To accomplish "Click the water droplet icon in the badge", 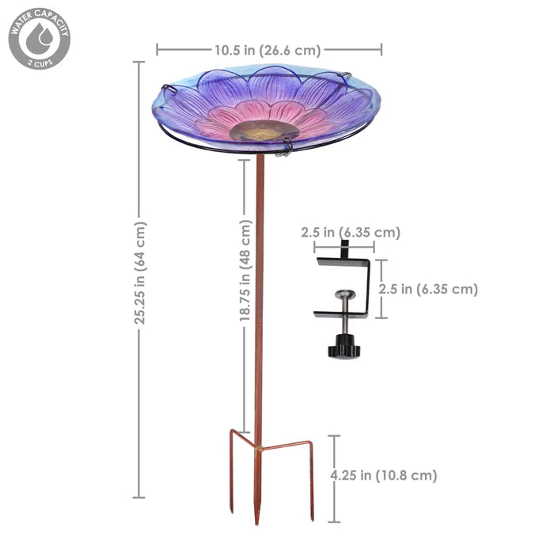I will tap(39, 36).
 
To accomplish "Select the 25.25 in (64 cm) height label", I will tap(140, 273).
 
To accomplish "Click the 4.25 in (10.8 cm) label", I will tap(383, 476).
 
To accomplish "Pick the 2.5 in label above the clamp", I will tap(350, 233).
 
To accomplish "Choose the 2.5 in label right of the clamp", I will tap(428, 289).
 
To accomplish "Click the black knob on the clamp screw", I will tap(344, 347).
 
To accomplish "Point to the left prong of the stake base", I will tap(232, 475).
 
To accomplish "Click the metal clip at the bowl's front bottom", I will tap(286, 146).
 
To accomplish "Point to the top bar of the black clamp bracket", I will tap(342, 262).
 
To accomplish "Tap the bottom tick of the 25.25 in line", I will tap(139, 497).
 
